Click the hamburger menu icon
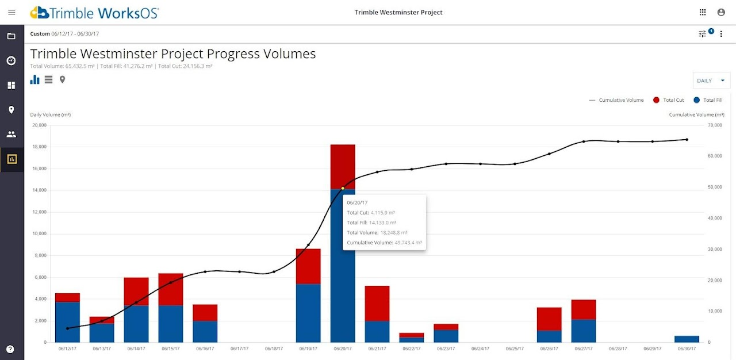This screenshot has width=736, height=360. coord(11,12)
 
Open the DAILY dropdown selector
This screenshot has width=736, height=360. coord(711,81)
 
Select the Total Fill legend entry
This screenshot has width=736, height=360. coord(708,100)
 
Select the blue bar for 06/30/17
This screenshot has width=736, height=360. coord(687,339)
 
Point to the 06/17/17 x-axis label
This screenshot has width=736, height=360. coord(240,348)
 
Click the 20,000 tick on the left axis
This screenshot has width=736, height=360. coord(39,125)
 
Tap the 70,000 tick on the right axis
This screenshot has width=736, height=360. coord(714,125)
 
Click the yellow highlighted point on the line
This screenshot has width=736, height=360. coord(343,188)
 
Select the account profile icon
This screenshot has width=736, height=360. coord(721,12)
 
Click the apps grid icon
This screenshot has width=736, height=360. coord(703,12)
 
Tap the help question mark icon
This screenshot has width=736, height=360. coord(10,348)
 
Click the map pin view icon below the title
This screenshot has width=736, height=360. coord(62,79)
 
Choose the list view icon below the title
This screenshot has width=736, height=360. coord(48,79)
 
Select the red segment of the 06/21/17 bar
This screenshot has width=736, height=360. coord(377,303)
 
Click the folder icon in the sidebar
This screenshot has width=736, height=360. coord(11,36)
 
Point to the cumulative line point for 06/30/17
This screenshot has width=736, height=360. coord(687,139)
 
